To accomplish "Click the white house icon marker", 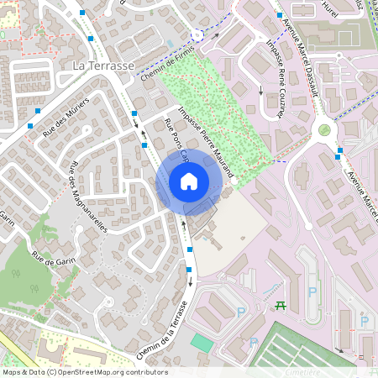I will (188, 181).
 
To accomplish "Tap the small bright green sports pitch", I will (201, 342).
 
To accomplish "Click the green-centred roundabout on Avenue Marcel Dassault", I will (324, 130).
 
